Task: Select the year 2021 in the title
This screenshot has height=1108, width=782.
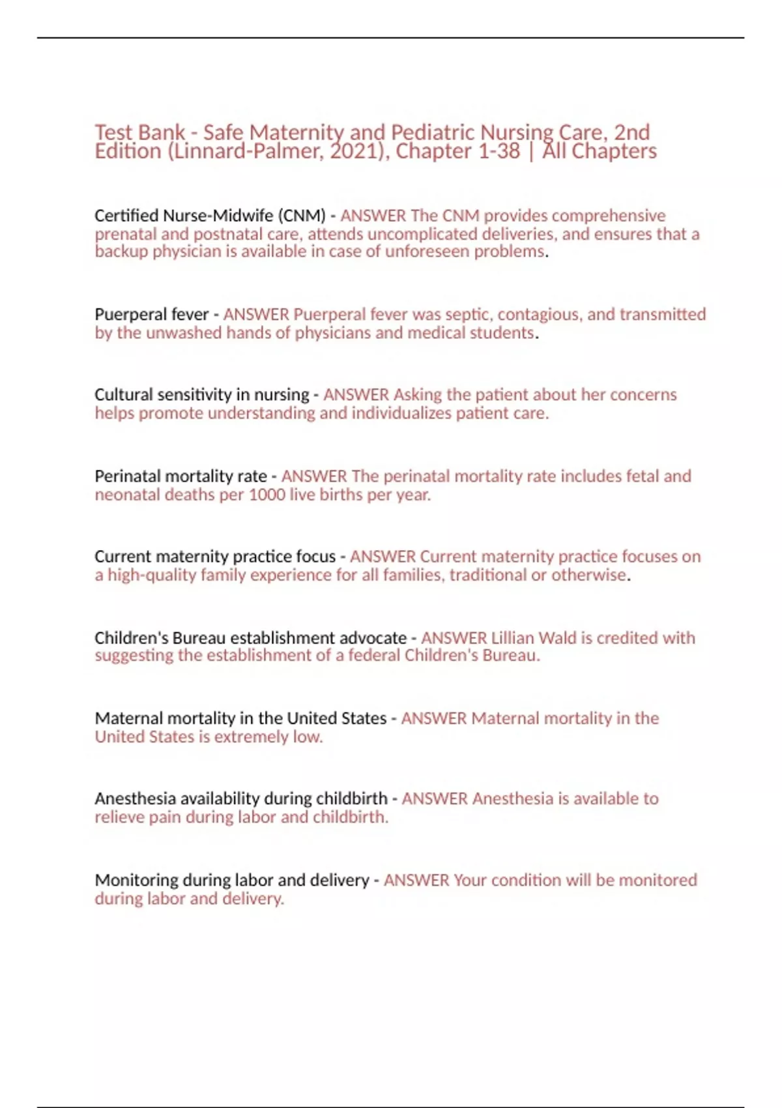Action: (x=353, y=151)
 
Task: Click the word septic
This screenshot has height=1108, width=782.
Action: (x=469, y=314)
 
